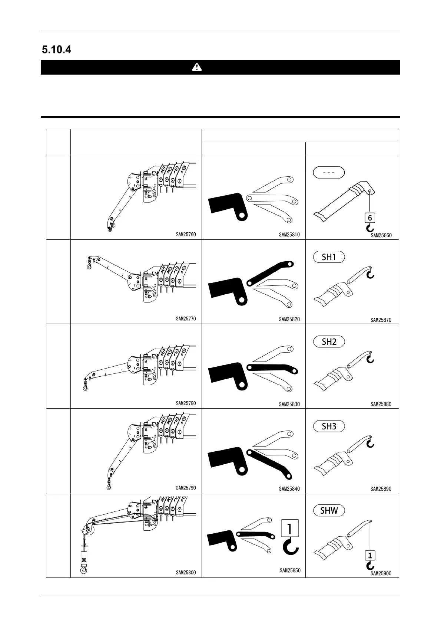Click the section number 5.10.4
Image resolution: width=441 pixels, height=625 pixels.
click(x=56, y=50)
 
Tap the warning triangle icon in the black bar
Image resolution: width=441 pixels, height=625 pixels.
click(x=197, y=67)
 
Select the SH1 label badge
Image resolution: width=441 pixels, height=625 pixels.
click(x=329, y=257)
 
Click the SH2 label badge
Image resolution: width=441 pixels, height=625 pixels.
click(x=329, y=342)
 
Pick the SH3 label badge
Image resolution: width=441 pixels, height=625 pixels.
click(x=329, y=426)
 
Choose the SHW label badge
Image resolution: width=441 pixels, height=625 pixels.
click(x=329, y=511)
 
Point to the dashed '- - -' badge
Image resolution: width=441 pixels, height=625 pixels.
click(x=329, y=173)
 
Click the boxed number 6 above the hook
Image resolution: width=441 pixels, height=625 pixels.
click(x=370, y=218)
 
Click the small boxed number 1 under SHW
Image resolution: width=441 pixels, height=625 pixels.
click(x=370, y=556)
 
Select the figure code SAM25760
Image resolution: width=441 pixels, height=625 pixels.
click(x=186, y=235)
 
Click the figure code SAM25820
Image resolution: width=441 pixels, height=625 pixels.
click(x=289, y=319)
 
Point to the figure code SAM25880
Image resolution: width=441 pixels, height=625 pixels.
click(x=381, y=404)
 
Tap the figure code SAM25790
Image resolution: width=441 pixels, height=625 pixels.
click(x=186, y=488)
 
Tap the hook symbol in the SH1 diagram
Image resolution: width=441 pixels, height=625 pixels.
click(x=370, y=274)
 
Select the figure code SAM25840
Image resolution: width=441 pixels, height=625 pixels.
click(x=289, y=489)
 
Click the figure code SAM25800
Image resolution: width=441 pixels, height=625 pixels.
click(x=186, y=573)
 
